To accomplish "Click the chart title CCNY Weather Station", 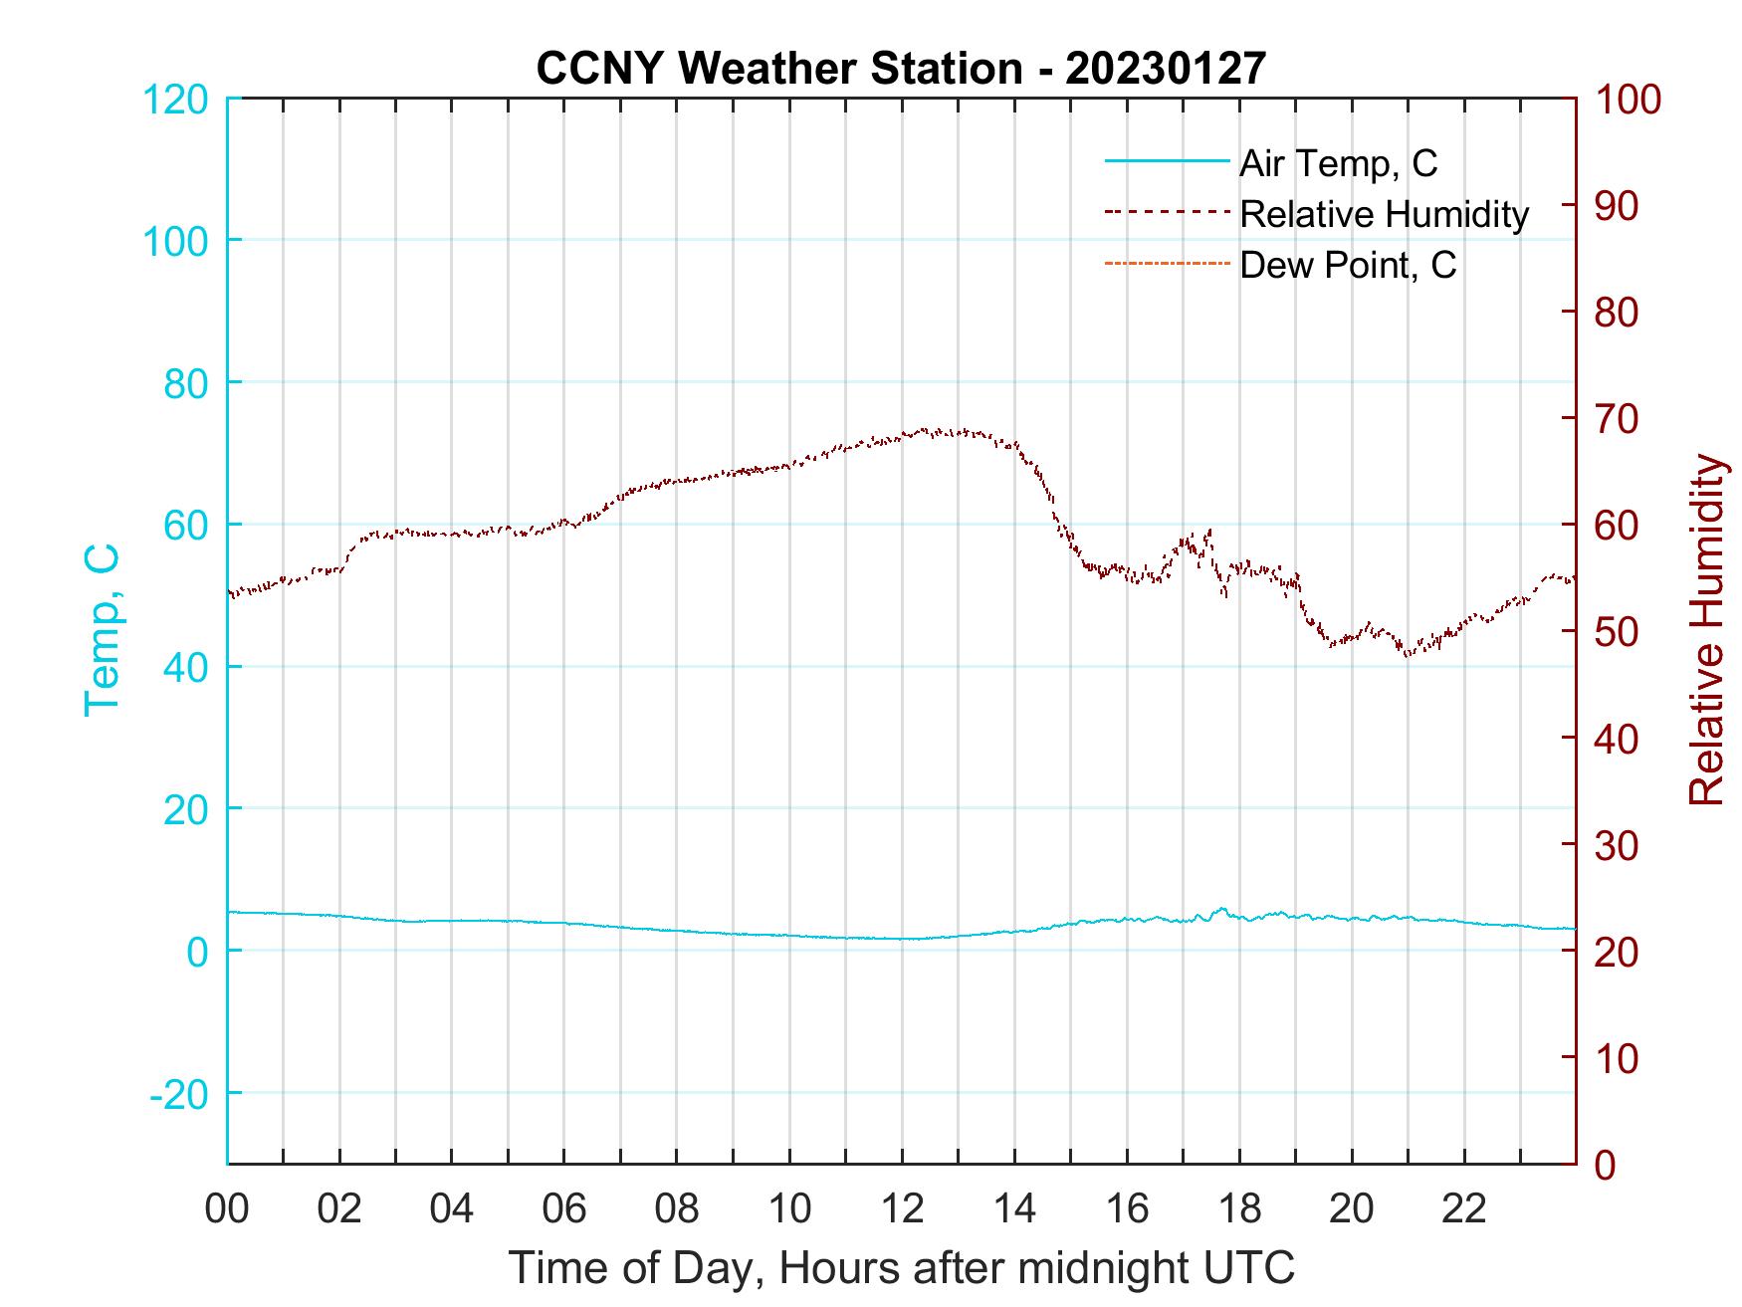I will pyautogui.click(x=901, y=68).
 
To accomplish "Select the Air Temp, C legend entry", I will pyautogui.click(x=1337, y=163).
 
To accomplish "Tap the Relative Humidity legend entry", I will pyautogui.click(x=1384, y=214).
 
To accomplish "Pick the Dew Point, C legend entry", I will pyautogui.click(x=1347, y=265).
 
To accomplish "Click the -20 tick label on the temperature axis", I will pyautogui.click(x=179, y=1093).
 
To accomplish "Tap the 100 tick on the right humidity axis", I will pyautogui.click(x=1629, y=100).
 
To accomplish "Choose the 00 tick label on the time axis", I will pyautogui.click(x=227, y=1209).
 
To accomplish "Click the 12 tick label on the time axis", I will pyautogui.click(x=902, y=1209).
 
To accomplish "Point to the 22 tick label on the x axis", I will pyautogui.click(x=1464, y=1209).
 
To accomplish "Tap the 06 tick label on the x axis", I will pyautogui.click(x=564, y=1209).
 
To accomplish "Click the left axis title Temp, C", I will pyautogui.click(x=103, y=630).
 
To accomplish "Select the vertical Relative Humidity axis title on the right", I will pyautogui.click(x=1706, y=630).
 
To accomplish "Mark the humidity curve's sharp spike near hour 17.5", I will pyautogui.click(x=1209, y=531).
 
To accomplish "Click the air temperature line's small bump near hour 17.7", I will pyautogui.click(x=1221, y=909).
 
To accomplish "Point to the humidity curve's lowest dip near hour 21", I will pyautogui.click(x=1408, y=654).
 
